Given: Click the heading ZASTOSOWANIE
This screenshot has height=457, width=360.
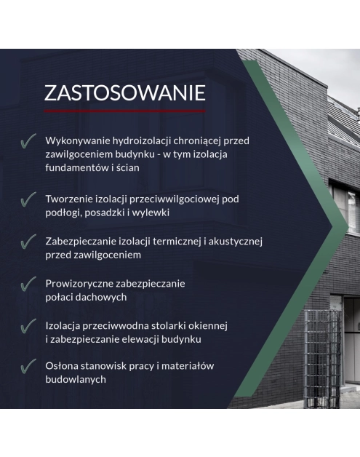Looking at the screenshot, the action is point(124,93).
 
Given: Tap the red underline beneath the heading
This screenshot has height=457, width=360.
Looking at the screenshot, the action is point(124,111).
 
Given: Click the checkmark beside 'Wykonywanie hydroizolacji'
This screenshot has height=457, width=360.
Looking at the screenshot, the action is point(28,141).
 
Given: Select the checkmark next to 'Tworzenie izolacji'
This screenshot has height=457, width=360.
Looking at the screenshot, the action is point(28,199).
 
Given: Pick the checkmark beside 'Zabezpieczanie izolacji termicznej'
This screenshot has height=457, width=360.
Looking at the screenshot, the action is point(28,242).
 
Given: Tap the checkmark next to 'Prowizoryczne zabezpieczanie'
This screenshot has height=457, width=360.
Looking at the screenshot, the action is point(28,284).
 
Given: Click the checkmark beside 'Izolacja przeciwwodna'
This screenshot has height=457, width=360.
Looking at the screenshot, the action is point(28,326).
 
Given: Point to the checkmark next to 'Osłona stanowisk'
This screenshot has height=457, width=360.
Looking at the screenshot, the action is point(28,366).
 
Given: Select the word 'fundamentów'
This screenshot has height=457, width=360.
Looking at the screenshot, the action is point(77,167).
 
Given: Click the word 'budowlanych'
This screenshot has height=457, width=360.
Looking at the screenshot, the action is point(76,379).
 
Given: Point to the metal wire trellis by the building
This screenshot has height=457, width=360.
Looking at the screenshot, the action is point(322,359).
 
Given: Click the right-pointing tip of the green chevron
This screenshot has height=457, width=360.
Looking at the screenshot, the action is point(348,226).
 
